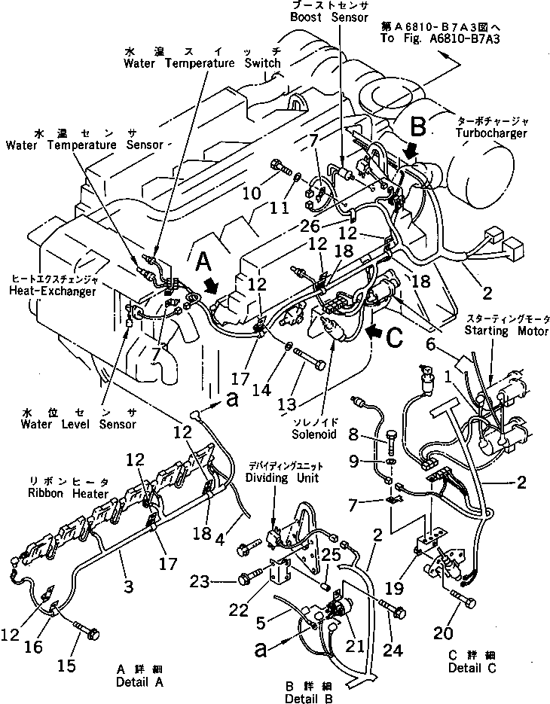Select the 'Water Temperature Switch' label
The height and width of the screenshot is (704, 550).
[x=203, y=63]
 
